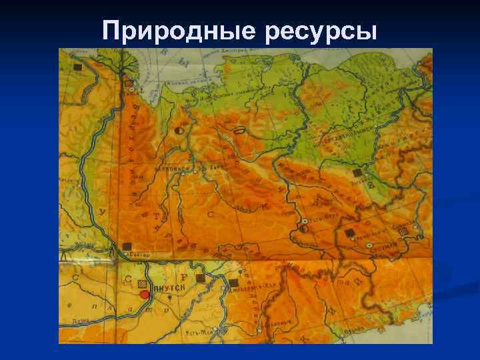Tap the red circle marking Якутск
pos(144,294)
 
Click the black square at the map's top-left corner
pos(78,67)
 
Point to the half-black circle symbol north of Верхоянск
pos(178,131)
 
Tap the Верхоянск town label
pos(169,169)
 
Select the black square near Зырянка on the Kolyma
pos(357,173)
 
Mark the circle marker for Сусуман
pos(370,245)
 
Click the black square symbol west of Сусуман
pos(349,233)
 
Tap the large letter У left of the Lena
pos(102,213)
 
